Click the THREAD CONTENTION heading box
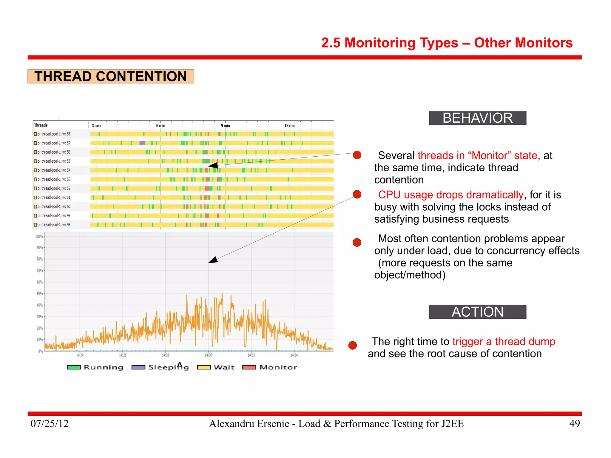(110, 76)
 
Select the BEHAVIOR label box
(477, 118)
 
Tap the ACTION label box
(477, 312)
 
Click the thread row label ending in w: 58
(54, 134)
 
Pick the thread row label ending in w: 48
(54, 225)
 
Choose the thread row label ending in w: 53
(54, 179)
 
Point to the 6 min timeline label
(161, 126)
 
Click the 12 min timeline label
(290, 126)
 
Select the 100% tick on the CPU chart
(39, 236)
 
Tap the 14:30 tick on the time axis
(208, 355)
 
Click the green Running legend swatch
(74, 367)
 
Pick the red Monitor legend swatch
(249, 367)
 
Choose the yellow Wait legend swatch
(204, 367)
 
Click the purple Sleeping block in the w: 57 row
(142, 143)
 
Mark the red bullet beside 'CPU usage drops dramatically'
(357, 194)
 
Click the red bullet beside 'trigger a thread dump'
(353, 345)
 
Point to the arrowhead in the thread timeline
(212, 166)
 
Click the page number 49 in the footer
(574, 423)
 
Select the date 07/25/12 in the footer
(50, 423)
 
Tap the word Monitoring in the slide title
(401, 43)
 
